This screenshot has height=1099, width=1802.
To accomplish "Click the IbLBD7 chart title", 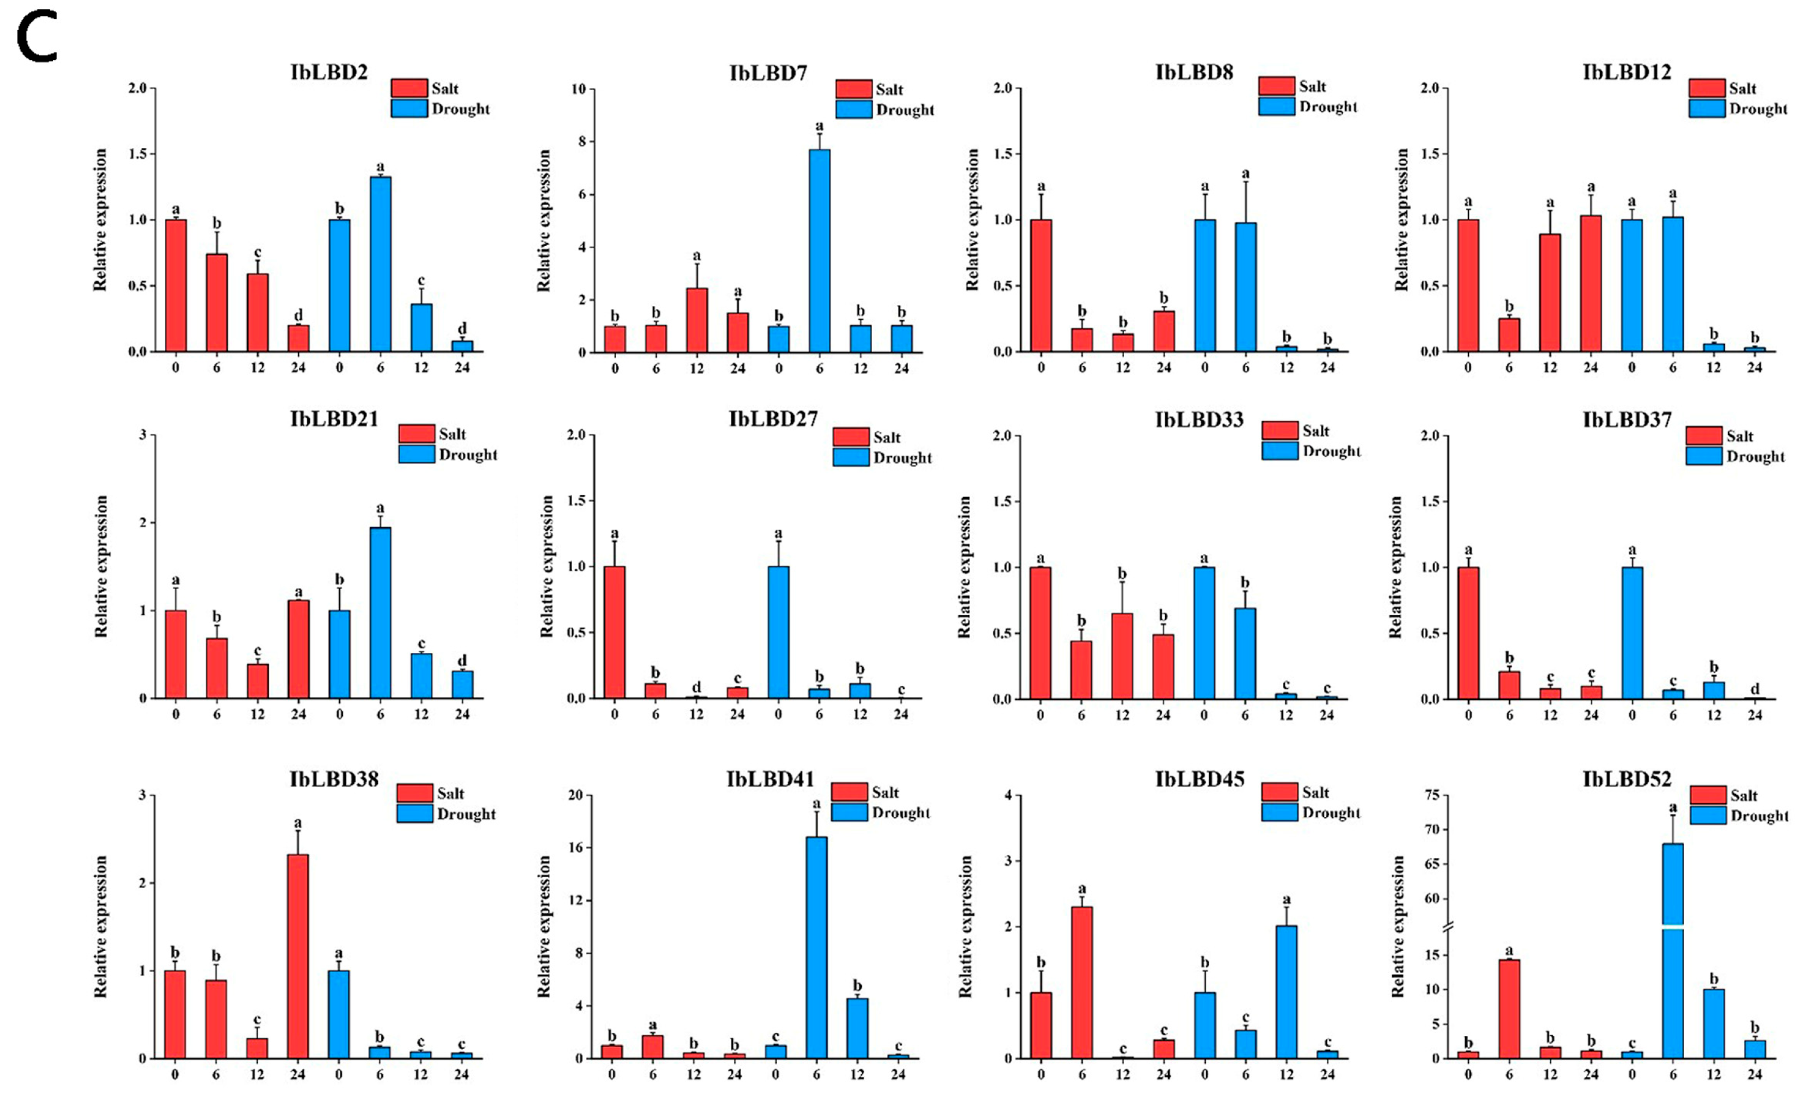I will [x=768, y=73].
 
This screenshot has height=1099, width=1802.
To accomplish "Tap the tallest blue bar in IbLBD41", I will [x=816, y=947].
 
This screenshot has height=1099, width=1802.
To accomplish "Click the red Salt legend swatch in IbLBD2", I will [x=409, y=88].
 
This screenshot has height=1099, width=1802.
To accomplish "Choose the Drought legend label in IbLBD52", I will [x=1759, y=816].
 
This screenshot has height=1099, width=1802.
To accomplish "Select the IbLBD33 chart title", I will [x=1199, y=420].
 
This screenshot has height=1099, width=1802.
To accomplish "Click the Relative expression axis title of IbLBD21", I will [x=101, y=567].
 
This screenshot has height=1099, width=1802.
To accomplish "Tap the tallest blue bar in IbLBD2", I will [x=380, y=263].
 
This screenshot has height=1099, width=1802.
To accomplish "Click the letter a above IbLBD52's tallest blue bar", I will [x=1673, y=807].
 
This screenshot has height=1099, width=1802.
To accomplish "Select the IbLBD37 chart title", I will [x=1627, y=420].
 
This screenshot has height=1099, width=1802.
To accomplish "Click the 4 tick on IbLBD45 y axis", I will [x=1009, y=795].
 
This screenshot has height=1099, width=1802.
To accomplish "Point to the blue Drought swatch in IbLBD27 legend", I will [x=850, y=458].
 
